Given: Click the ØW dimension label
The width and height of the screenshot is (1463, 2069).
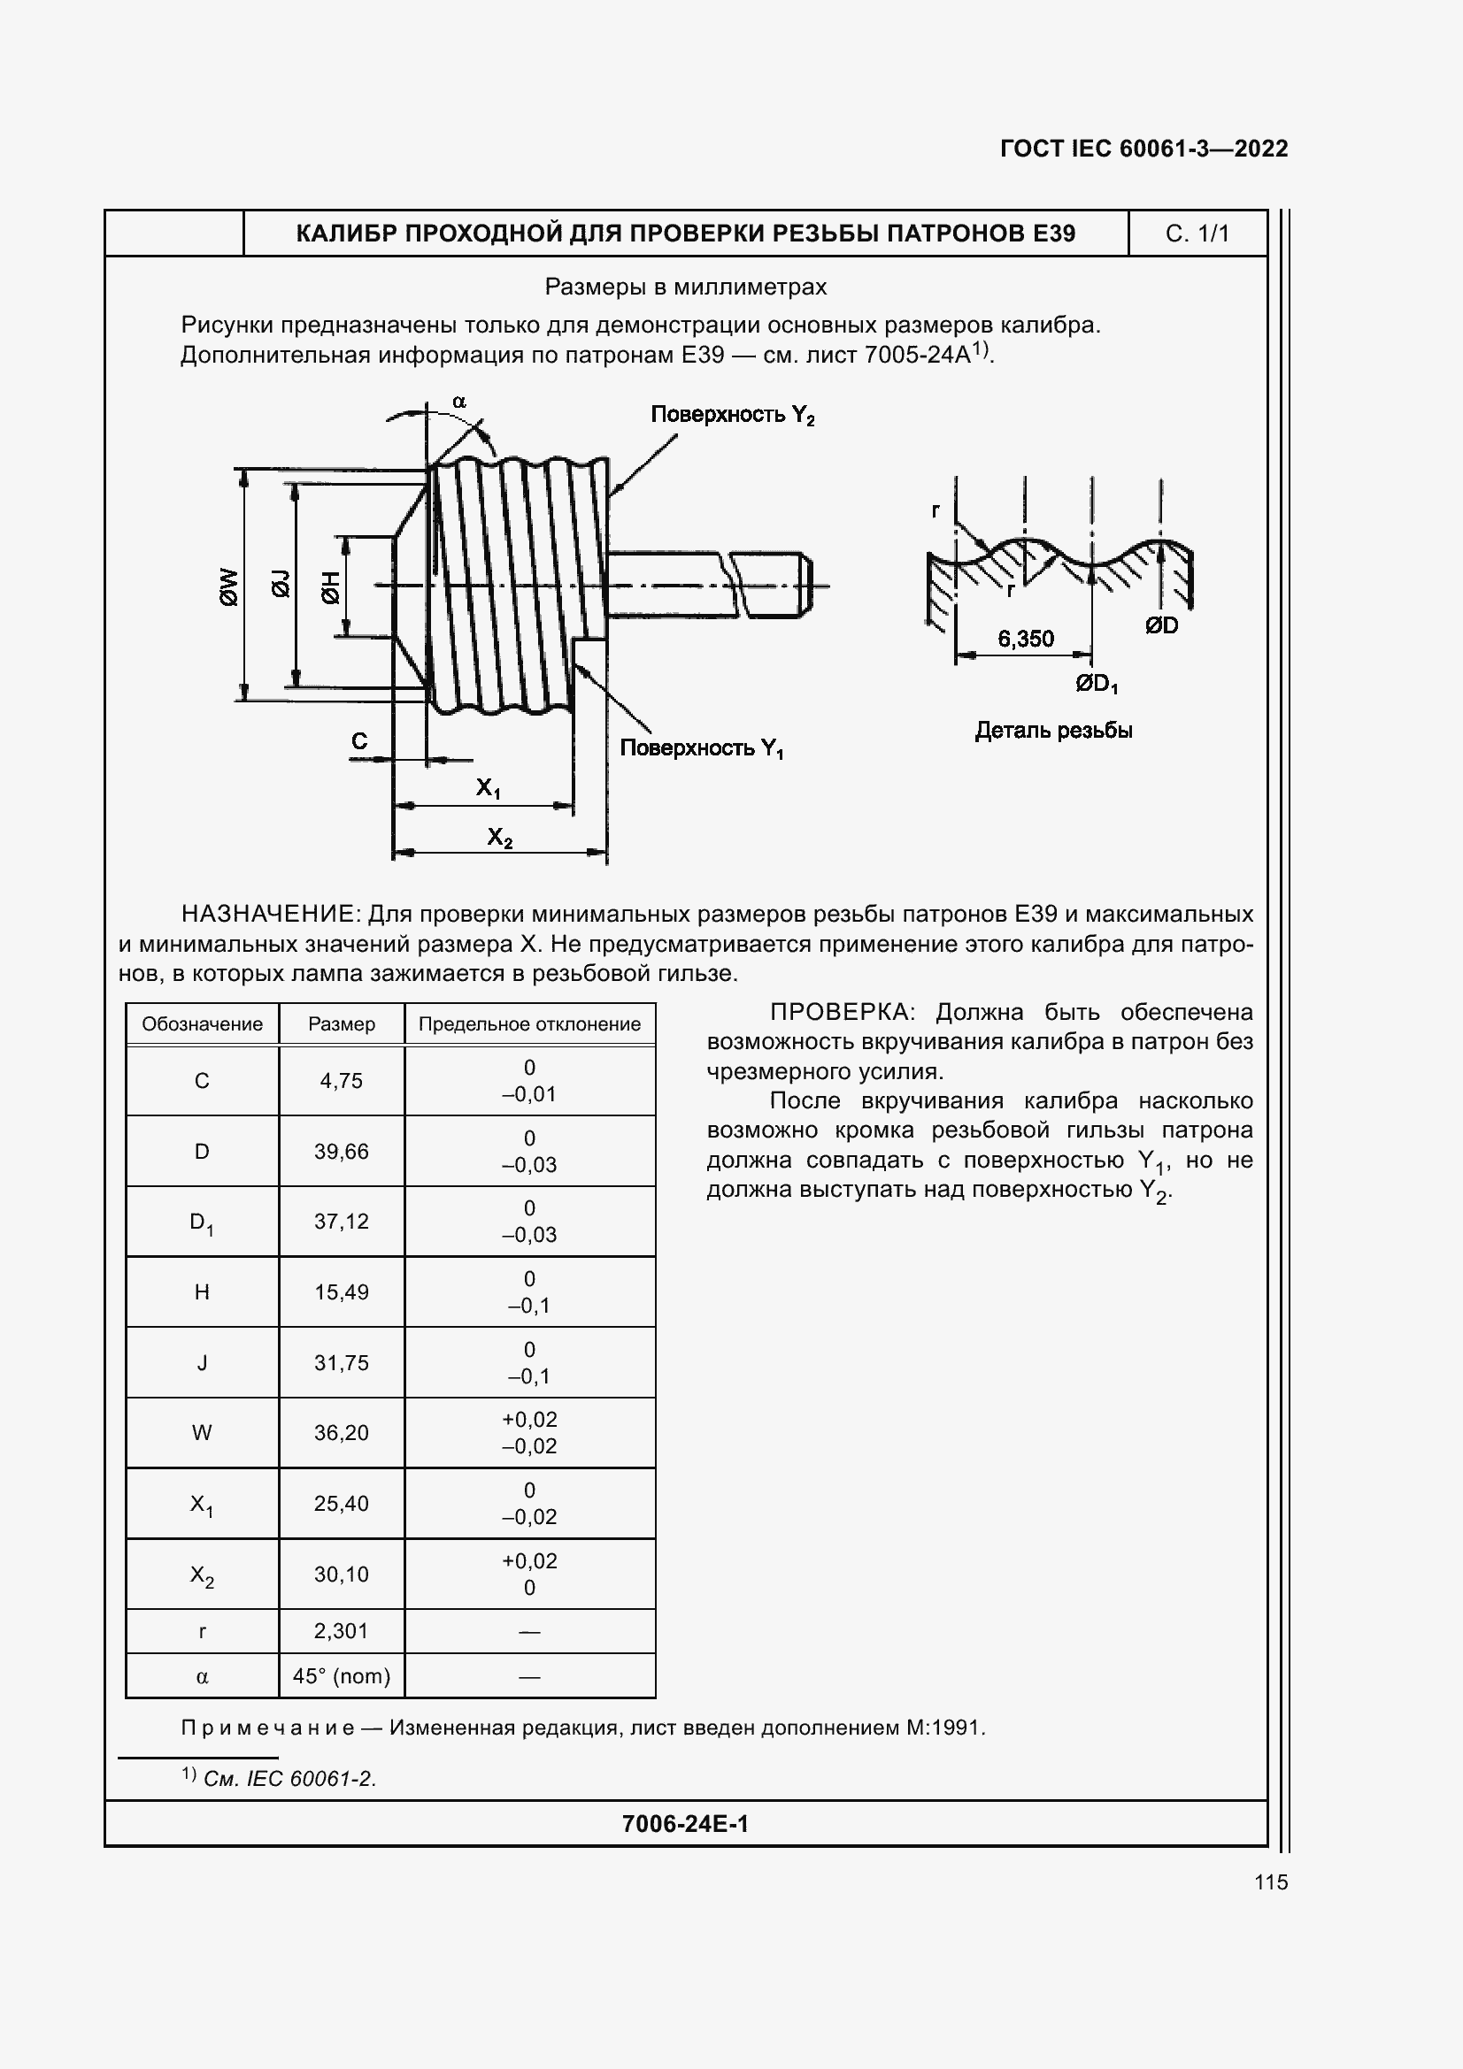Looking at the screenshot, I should (229, 586).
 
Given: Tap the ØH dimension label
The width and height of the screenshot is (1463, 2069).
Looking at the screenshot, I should (330, 587).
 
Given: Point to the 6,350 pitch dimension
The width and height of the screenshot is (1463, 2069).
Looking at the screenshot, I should (1025, 639).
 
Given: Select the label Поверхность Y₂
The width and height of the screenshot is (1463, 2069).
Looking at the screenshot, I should (732, 415).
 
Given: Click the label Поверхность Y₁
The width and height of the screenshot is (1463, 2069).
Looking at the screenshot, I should (701, 748).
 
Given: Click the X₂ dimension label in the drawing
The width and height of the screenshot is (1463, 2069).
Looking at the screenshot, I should (499, 838).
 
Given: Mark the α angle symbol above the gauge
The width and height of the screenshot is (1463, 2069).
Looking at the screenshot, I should (458, 401).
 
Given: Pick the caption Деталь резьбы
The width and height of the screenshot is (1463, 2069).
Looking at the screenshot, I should (1053, 731).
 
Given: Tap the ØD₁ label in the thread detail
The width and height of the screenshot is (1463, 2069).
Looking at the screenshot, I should (1096, 684).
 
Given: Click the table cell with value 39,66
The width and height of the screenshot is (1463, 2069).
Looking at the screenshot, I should (341, 1151).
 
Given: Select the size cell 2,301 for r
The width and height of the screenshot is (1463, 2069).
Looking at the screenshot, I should (341, 1630).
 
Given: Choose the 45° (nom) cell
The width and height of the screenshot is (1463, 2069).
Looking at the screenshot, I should (341, 1676).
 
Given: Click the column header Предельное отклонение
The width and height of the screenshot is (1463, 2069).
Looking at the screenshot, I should (529, 1023).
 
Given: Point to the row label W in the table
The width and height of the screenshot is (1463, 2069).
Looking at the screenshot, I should (202, 1433).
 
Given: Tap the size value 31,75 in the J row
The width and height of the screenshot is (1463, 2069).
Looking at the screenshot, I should (341, 1362).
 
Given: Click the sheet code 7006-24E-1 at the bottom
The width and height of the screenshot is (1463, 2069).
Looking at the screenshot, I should (685, 1824).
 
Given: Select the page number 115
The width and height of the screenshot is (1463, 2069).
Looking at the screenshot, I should (1270, 1881).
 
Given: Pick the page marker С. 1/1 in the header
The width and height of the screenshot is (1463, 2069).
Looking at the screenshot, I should (1197, 234).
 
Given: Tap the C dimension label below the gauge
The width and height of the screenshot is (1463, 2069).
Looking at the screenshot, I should (358, 740).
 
